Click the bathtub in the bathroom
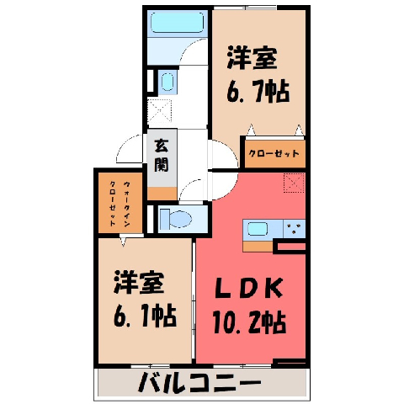[x=178, y=23]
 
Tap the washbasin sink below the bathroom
[x=167, y=82]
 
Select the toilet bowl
[x=176, y=219]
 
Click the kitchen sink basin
[x=257, y=229]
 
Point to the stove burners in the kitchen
[x=294, y=227]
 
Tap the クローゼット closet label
[x=274, y=153]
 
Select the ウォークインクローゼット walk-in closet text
[x=120, y=204]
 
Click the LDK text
[x=249, y=288]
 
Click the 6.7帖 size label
[x=258, y=91]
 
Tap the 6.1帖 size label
[x=145, y=316]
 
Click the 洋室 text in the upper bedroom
[x=252, y=58]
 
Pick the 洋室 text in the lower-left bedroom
[x=139, y=282]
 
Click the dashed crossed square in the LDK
[x=294, y=183]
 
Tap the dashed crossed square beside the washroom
[x=159, y=110]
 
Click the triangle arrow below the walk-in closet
[x=123, y=242]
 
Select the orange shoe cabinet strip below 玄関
[x=162, y=194]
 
